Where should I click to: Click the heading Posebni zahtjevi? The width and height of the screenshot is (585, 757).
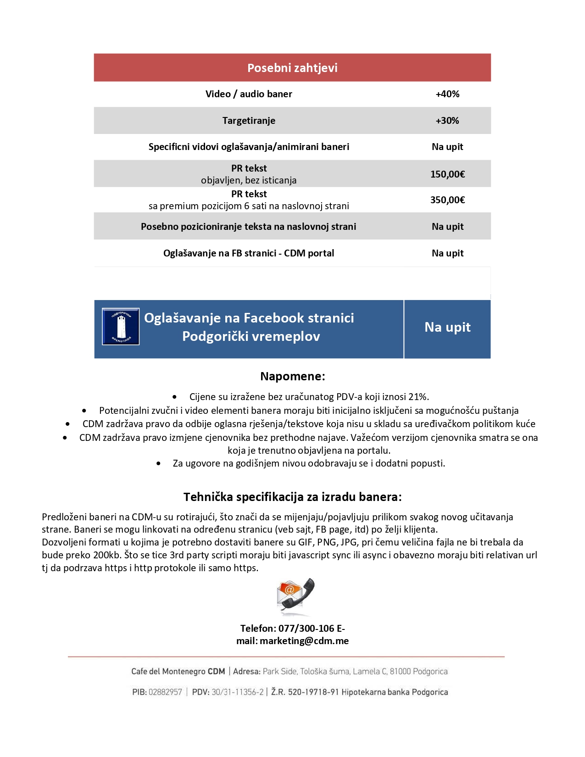click(292, 68)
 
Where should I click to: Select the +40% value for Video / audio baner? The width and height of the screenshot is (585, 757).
click(447, 94)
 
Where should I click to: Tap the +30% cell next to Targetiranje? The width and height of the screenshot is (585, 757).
click(447, 121)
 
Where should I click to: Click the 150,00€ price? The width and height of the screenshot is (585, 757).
click(447, 174)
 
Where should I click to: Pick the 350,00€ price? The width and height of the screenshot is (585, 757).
click(447, 200)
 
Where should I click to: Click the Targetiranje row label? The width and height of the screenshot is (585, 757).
click(249, 121)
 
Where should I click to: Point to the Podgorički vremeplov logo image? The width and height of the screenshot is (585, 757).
click(121, 327)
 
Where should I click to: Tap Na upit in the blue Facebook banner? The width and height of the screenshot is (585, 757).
click(447, 327)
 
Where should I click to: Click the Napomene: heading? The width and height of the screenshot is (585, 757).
click(292, 377)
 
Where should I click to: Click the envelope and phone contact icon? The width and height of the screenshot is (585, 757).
click(295, 596)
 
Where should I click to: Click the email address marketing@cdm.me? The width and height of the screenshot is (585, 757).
click(304, 641)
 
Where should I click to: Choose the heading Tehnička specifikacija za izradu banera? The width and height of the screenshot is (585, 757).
click(292, 497)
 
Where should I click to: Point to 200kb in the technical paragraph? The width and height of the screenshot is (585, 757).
click(107, 555)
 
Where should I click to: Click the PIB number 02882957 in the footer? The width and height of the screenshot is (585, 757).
click(165, 692)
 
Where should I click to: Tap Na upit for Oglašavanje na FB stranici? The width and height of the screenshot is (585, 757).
click(447, 253)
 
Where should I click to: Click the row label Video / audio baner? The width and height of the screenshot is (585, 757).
click(249, 94)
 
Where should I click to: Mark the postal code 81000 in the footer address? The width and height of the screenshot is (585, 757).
click(400, 672)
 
